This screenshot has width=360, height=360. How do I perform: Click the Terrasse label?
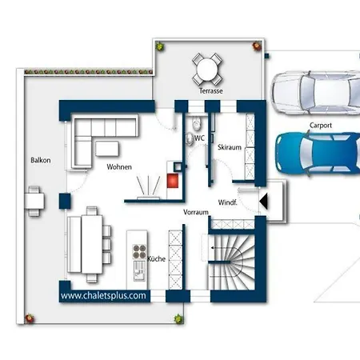210,91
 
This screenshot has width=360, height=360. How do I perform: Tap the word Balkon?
41,160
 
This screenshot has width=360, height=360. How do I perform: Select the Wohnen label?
119,167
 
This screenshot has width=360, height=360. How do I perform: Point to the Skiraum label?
230,147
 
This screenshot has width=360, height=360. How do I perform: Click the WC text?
199,138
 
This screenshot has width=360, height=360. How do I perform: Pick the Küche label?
157,258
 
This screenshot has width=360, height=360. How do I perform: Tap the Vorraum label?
196,212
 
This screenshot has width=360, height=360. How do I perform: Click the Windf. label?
227,202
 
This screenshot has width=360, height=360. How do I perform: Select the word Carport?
321,126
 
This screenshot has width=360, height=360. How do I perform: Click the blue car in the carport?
318,154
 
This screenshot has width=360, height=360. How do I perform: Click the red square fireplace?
173,181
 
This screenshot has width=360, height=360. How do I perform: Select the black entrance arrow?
263,202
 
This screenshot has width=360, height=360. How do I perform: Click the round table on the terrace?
207,69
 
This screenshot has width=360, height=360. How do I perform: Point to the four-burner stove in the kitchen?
139,251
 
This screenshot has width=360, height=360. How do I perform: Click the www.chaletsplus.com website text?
103,295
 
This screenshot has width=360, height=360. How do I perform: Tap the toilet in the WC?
197,123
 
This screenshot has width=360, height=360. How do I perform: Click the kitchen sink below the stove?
139,270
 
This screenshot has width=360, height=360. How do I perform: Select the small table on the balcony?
34,201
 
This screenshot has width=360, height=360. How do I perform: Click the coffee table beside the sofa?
107,149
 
